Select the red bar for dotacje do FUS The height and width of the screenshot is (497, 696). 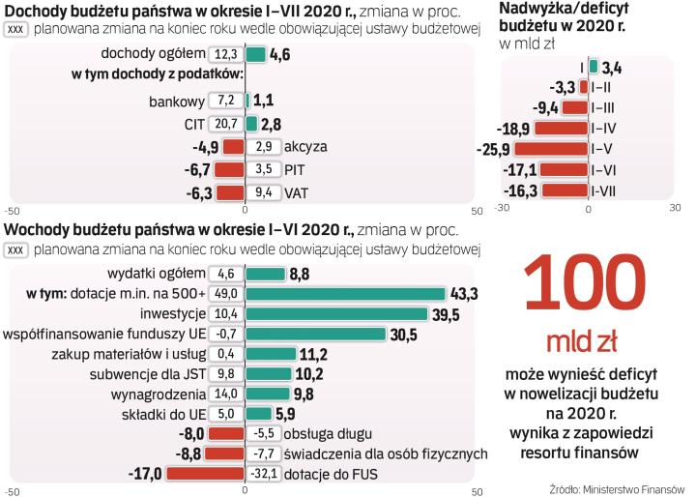205,474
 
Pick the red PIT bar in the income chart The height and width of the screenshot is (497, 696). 229,169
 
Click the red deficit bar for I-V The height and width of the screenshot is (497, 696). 551,149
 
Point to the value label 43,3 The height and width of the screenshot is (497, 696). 462,294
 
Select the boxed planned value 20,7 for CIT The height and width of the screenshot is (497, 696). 227,124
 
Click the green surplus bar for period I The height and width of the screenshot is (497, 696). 593,67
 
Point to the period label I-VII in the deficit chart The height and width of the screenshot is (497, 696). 605,190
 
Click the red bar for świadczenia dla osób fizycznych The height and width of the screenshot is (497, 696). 222,453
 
